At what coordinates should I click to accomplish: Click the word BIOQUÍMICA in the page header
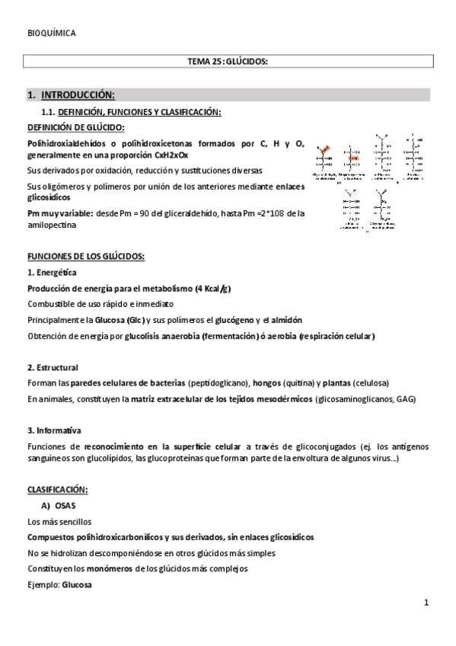(51, 34)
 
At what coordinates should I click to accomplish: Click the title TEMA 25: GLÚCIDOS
(228, 62)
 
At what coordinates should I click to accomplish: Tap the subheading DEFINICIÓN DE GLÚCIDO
(76, 127)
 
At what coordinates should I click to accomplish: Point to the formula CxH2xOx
(170, 154)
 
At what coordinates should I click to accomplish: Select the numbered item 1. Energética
(51, 273)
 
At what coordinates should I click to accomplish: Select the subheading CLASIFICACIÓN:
(57, 488)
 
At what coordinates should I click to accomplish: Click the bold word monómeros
(109, 569)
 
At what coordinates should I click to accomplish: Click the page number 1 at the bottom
(427, 603)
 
